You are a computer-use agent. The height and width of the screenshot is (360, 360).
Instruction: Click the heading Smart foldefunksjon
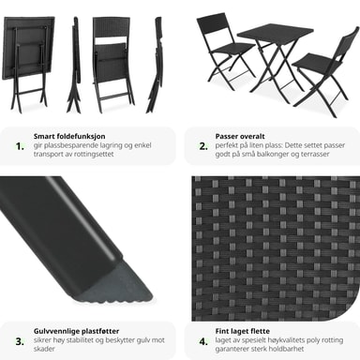(x=69, y=136)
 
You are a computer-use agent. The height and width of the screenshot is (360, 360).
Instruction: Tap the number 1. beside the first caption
(x=20, y=146)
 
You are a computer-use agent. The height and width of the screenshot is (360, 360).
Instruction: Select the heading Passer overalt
(x=240, y=136)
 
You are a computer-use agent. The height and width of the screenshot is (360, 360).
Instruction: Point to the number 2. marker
(x=203, y=146)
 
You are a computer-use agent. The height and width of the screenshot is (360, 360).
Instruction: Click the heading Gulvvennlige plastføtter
(x=76, y=331)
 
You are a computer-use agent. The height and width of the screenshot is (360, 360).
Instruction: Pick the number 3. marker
(x=20, y=341)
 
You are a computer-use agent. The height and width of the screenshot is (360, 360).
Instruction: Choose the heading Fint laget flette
(x=242, y=331)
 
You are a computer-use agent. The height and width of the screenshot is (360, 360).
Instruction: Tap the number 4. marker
(x=203, y=341)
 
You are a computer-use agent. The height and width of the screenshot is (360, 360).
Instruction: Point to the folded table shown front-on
(x=28, y=64)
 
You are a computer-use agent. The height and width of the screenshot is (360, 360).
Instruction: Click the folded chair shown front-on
(x=112, y=64)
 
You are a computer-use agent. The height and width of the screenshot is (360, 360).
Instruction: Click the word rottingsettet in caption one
(x=94, y=154)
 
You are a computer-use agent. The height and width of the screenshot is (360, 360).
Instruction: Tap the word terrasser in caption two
(x=315, y=154)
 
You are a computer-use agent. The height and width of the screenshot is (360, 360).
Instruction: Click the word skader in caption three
(x=44, y=349)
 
